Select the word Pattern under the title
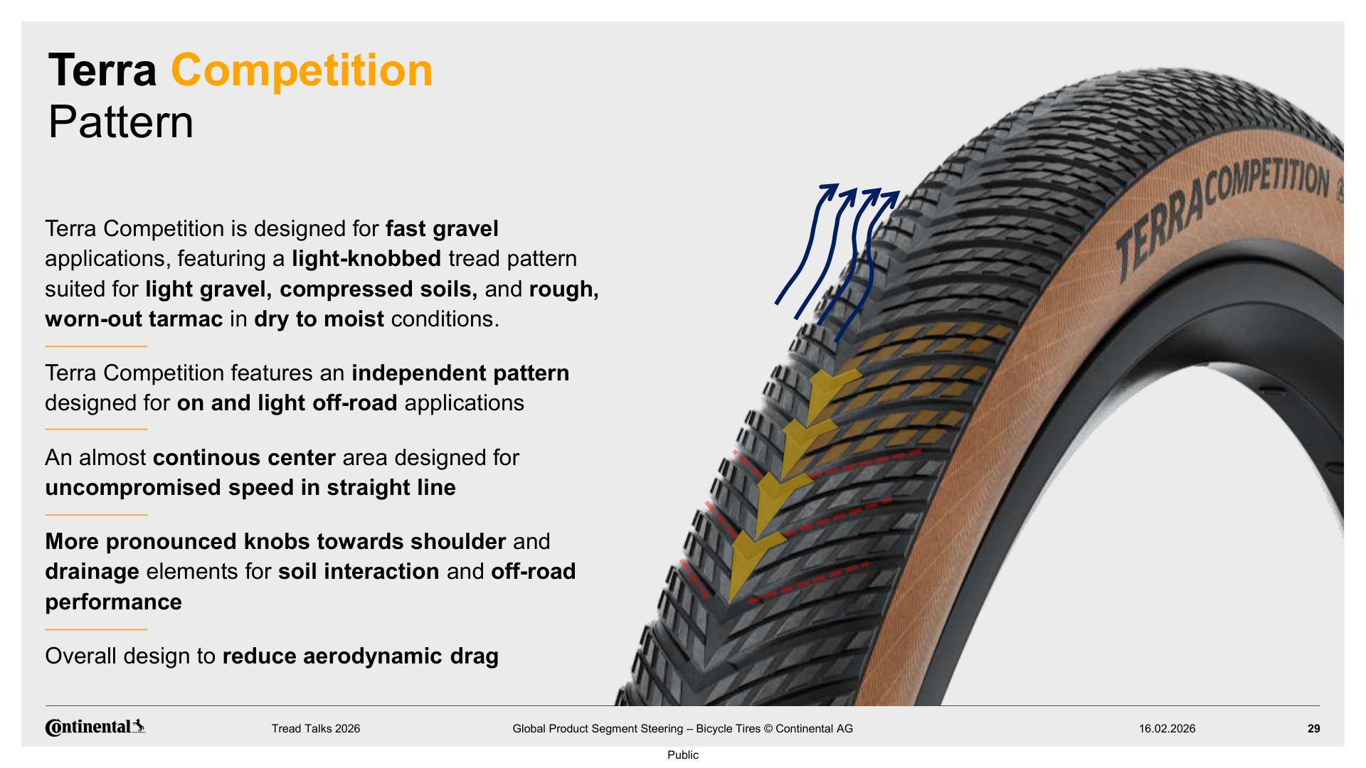point(121,122)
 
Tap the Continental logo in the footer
point(95,727)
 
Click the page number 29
point(1313,728)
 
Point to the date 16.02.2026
point(1167,728)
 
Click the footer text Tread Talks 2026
point(315,728)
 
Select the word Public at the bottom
point(682,754)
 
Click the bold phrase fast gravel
point(442,228)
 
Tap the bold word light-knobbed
point(366,259)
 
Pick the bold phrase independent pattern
point(460,373)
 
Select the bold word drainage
point(92,572)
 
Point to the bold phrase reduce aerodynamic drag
point(361,656)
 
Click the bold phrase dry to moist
point(319,319)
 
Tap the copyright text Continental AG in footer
point(814,728)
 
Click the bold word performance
point(113,602)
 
